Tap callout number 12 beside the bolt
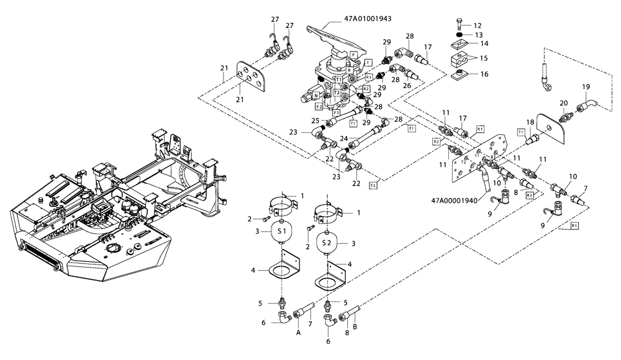coord(478,25)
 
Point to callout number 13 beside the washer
coord(478,35)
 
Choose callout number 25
coord(315,120)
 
